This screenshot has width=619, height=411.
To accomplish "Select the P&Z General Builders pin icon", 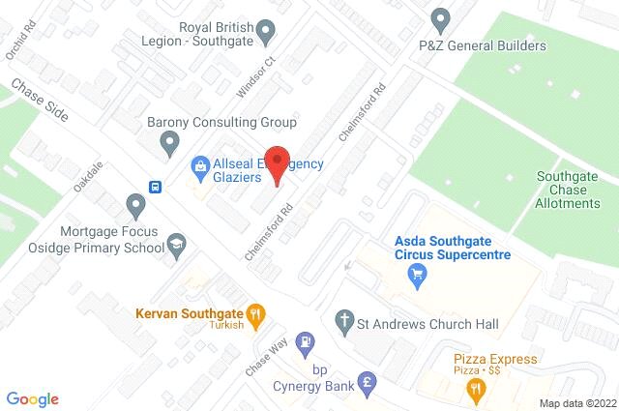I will (x=441, y=18).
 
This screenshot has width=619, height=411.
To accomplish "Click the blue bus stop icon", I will (x=155, y=186).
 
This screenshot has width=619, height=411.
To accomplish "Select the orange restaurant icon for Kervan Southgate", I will (x=255, y=312).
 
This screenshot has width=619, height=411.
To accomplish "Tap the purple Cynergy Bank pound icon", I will (x=367, y=381).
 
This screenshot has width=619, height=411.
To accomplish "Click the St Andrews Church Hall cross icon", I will (x=342, y=319).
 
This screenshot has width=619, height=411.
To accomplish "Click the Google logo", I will (x=32, y=399).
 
